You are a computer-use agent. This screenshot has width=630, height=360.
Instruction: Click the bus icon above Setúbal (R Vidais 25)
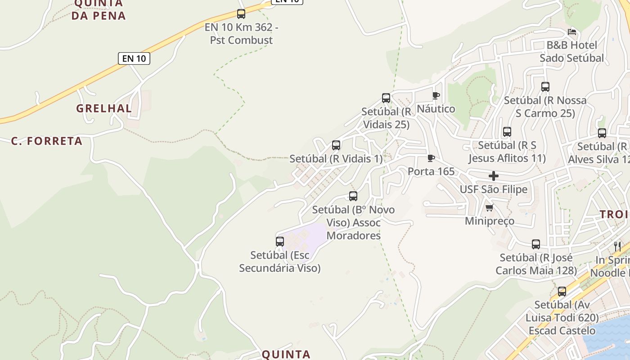[386, 98]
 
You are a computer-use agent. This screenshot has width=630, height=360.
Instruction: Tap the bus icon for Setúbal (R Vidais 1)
[336, 145]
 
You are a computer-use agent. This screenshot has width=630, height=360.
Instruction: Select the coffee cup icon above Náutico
[436, 95]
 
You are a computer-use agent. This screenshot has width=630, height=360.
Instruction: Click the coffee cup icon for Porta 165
[431, 158]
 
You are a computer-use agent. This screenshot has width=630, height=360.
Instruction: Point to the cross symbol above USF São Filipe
[494, 176]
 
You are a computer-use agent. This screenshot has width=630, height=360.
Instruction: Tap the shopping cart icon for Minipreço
[490, 207]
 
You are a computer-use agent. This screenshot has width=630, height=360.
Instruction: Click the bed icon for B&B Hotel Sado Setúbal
[572, 31]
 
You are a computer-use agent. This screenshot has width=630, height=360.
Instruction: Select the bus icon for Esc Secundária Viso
[280, 241]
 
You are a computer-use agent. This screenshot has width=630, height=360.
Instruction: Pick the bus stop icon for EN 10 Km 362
[241, 13]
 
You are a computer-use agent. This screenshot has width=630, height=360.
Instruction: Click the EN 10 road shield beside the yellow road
[134, 58]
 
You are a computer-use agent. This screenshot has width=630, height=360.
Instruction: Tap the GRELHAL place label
[104, 108]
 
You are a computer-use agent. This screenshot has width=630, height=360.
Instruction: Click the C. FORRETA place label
[47, 141]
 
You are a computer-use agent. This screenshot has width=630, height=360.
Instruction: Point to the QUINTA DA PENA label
[98, 9]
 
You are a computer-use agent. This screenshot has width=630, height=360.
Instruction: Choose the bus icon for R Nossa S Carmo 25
[545, 86]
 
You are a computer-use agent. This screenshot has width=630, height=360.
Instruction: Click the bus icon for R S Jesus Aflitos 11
[507, 132]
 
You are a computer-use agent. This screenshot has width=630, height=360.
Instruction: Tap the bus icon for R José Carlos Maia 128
[536, 244]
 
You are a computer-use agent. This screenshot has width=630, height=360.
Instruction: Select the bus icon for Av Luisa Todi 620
[562, 291]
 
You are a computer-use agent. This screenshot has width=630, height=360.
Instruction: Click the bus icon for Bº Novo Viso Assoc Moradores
[353, 196]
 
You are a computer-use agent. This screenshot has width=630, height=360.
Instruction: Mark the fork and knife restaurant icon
[617, 246]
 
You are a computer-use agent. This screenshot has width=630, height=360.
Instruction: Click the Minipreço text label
[490, 221]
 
